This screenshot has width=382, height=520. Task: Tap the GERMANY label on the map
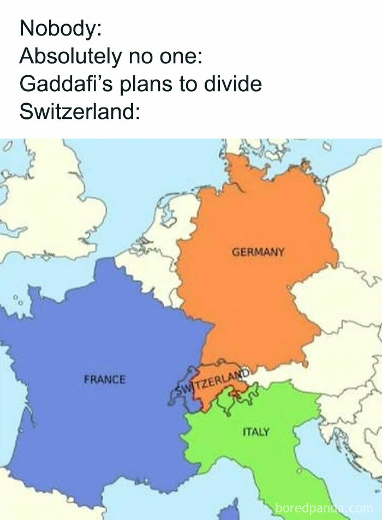pos(258,252)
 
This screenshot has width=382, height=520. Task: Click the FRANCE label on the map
pos(104,379)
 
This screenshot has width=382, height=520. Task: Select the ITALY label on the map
pos(255,432)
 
